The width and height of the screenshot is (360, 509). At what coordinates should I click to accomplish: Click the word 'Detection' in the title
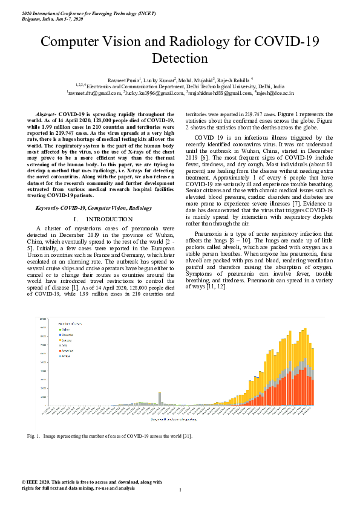(180, 59)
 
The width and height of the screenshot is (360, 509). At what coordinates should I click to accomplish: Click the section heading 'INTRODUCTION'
(109, 219)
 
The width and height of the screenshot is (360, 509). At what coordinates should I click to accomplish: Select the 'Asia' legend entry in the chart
(65, 346)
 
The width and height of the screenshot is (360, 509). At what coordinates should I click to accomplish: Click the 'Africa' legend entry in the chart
(66, 356)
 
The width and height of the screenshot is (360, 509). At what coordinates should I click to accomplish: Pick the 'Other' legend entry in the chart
(65, 329)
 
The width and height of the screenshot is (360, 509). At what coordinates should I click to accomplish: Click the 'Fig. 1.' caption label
(33, 435)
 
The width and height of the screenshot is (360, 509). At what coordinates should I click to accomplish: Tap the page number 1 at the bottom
(180, 490)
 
